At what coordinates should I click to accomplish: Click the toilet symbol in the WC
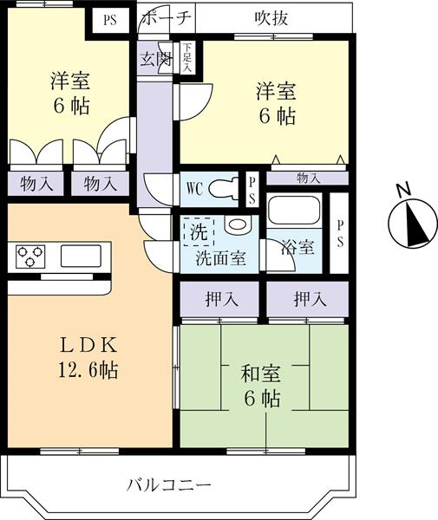224,189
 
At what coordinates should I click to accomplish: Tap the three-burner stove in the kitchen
30,257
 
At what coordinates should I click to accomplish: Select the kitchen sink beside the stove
81,256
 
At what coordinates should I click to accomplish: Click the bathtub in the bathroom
294,211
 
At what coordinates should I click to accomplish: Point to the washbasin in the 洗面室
237,224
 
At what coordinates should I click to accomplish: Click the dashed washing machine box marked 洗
199,231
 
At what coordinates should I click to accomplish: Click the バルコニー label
169,486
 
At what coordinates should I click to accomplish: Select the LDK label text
88,345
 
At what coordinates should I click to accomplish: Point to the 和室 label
260,374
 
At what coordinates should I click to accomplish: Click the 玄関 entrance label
156,59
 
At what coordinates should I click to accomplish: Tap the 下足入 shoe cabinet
187,57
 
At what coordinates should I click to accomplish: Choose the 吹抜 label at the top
271,18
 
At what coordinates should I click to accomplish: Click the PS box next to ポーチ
110,20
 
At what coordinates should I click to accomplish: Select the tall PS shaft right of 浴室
339,233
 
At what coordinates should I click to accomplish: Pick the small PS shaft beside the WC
252,190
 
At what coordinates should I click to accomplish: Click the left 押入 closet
219,299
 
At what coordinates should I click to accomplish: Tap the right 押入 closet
308,299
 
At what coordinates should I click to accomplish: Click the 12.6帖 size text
88,370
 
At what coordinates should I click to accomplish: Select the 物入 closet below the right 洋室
308,179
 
